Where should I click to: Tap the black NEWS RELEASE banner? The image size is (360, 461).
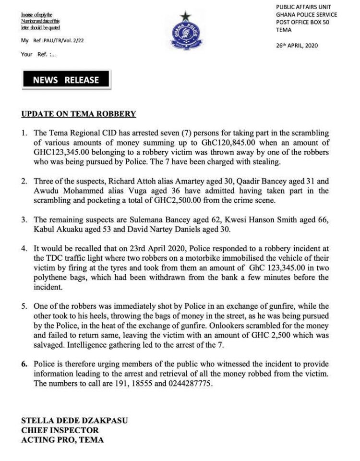coord(66,80)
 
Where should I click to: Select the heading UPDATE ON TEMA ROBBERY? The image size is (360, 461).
coord(79,114)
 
